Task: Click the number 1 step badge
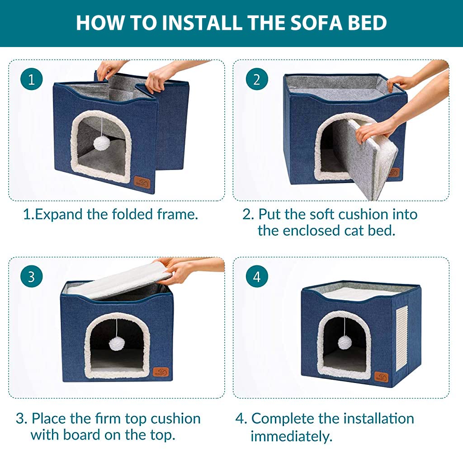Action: tap(31, 80)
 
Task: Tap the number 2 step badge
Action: tap(257, 80)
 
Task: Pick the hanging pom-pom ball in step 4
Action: tap(345, 342)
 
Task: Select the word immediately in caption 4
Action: tap(292, 436)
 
